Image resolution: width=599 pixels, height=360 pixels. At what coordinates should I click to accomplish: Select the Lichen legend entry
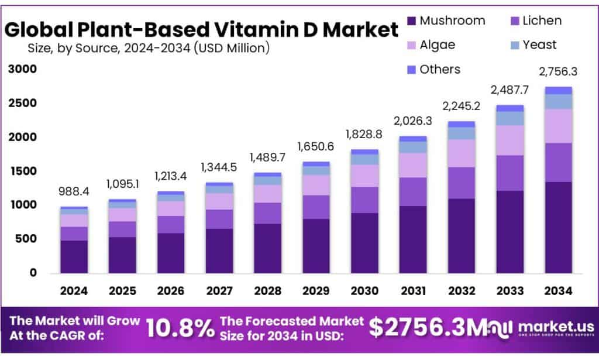point(541,20)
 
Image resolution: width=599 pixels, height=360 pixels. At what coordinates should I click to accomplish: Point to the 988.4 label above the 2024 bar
point(74,193)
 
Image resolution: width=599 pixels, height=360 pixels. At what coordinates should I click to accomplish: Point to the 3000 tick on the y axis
point(22,69)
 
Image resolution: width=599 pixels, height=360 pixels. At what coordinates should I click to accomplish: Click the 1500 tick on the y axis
point(22,171)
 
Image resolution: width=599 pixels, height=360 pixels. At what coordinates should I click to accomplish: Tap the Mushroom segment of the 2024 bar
point(74,256)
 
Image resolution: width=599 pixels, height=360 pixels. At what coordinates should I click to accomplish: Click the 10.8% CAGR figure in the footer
point(180,329)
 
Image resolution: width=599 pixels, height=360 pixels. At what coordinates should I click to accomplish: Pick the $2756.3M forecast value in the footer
point(427,329)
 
